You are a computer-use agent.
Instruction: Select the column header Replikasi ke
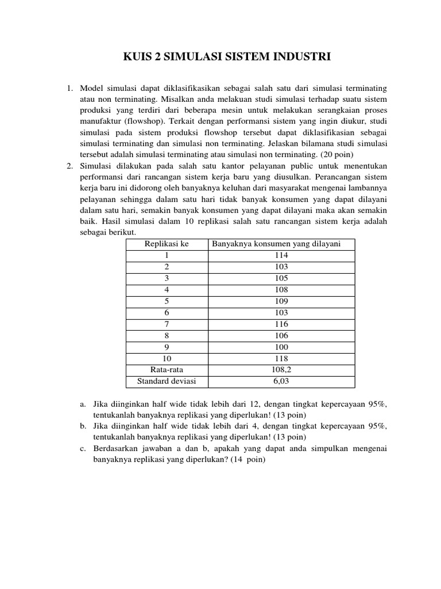[167, 244]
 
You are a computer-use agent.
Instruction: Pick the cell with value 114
[281, 255]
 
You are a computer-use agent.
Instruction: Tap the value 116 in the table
[281, 324]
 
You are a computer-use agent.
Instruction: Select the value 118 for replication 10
[281, 359]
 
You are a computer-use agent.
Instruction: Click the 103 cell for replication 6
[281, 313]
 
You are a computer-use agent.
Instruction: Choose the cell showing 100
[281, 347]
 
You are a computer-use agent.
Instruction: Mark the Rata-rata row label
[167, 370]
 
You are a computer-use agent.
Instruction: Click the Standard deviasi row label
[167, 381]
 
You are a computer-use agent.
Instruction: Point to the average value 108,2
[281, 370]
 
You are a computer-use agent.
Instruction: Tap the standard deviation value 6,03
[281, 381]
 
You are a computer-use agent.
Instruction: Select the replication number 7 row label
[167, 324]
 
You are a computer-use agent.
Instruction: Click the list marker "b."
[83, 427]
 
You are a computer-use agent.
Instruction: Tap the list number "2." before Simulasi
[69, 166]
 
